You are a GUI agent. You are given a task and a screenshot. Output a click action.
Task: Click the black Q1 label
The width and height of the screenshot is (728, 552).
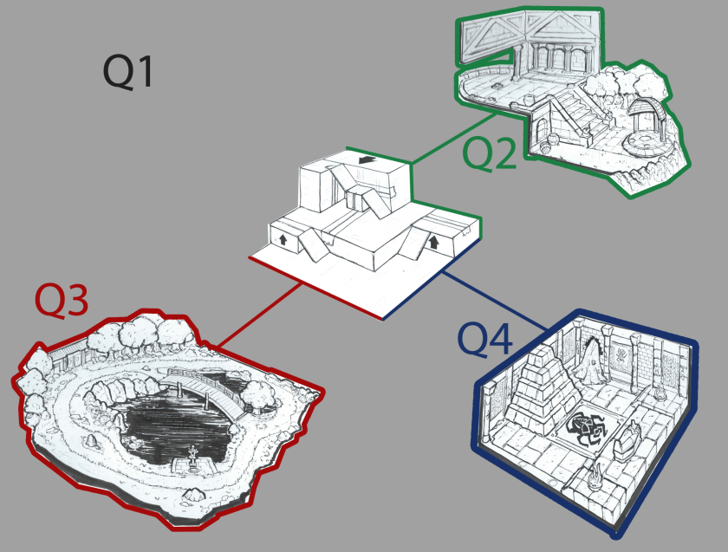pyautogui.click(x=127, y=71)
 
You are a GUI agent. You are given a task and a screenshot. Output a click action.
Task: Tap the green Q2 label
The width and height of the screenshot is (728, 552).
pyautogui.click(x=490, y=153)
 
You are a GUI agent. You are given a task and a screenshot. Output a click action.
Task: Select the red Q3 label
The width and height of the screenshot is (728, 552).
pyautogui.click(x=62, y=301)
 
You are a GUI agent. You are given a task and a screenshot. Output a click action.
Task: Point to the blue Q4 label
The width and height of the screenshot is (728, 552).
pyautogui.click(x=485, y=340)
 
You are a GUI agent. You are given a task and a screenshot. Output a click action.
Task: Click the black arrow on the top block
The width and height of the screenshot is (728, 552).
pyautogui.click(x=367, y=160)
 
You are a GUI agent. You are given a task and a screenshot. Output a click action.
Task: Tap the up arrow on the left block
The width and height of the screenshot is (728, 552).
pyautogui.click(x=283, y=240)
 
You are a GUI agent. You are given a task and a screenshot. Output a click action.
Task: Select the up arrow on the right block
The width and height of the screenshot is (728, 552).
pyautogui.click(x=434, y=242)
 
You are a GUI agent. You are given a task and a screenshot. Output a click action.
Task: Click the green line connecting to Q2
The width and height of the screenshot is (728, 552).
pyautogui.click(x=453, y=138)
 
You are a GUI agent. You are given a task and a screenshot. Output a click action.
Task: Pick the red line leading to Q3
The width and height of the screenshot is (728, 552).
pyautogui.click(x=258, y=315)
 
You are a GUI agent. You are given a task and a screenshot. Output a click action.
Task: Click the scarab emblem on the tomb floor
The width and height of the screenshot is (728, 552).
pyautogui.click(x=588, y=428)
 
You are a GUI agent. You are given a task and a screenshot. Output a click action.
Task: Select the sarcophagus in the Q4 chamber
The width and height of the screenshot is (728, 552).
pyautogui.click(x=627, y=439)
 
